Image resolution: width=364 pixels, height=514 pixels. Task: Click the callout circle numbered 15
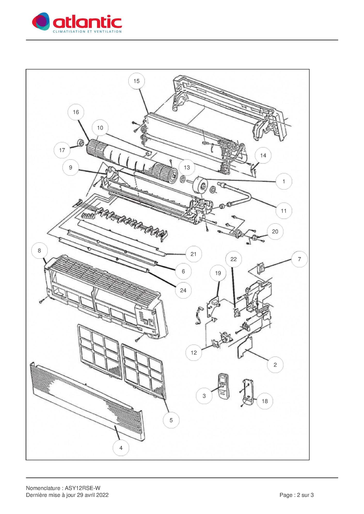point(136,81)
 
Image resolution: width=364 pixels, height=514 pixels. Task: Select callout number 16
point(76,112)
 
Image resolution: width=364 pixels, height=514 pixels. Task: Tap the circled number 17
point(62,150)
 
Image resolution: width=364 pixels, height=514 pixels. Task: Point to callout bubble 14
point(263,155)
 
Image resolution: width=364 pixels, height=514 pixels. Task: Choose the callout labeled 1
point(284,181)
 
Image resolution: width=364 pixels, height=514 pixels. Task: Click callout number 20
point(275,231)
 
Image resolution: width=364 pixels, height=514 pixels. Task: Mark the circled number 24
point(183,291)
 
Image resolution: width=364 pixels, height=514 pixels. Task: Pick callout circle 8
point(39,251)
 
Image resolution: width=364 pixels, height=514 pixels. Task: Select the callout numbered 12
point(194,353)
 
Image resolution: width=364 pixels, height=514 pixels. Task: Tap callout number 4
point(121,448)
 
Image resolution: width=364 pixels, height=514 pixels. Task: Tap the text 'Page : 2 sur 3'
point(296,495)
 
